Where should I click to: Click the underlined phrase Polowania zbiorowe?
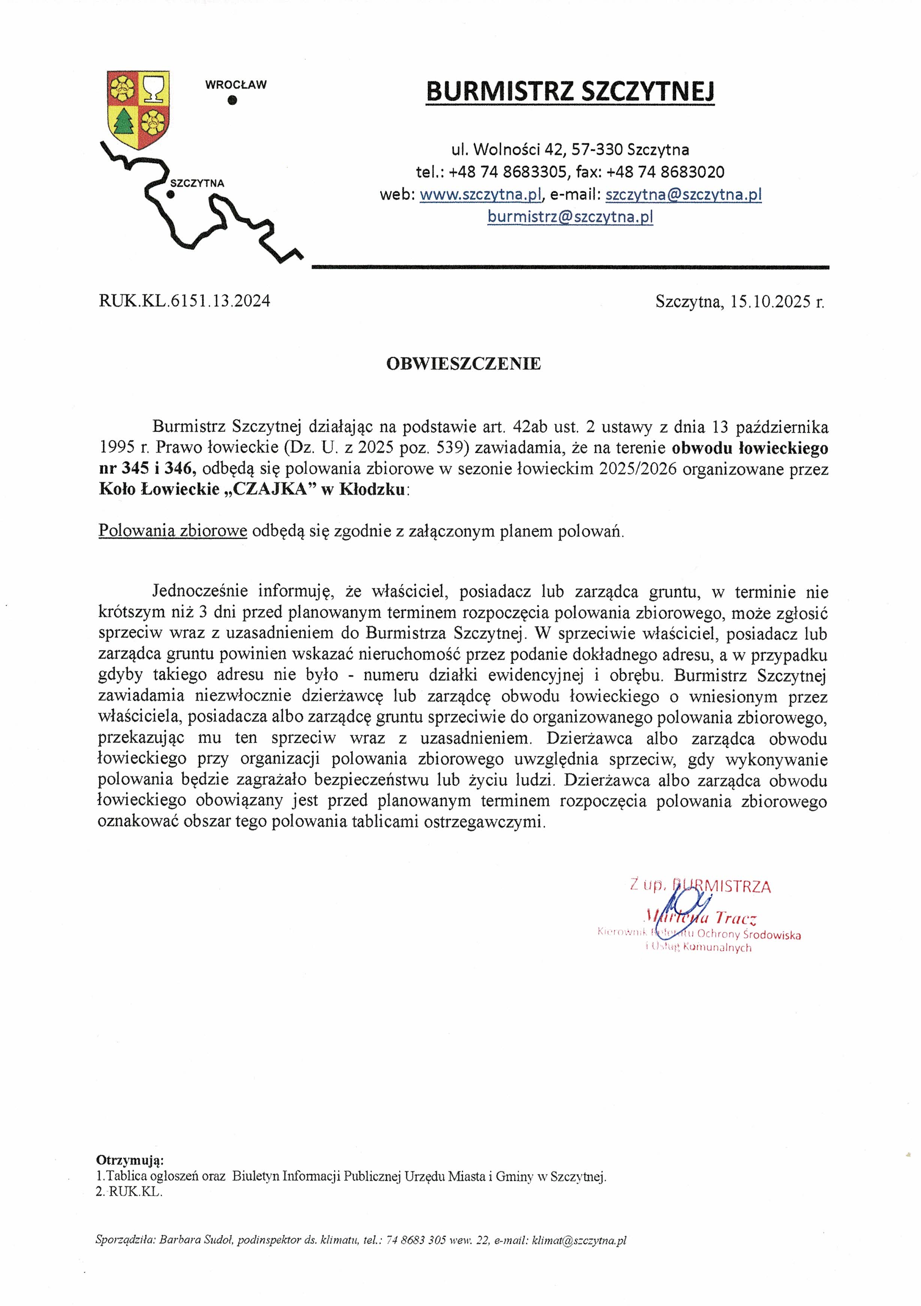pyautogui.click(x=173, y=531)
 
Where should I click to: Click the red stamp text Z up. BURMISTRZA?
pyautogui.click(x=700, y=886)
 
